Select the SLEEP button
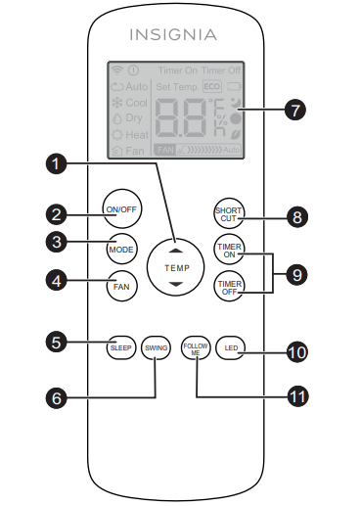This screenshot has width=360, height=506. (x=120, y=346)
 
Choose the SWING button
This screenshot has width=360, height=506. (x=156, y=346)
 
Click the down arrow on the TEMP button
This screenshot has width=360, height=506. (x=175, y=284)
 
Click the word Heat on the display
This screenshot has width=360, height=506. (x=136, y=133)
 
